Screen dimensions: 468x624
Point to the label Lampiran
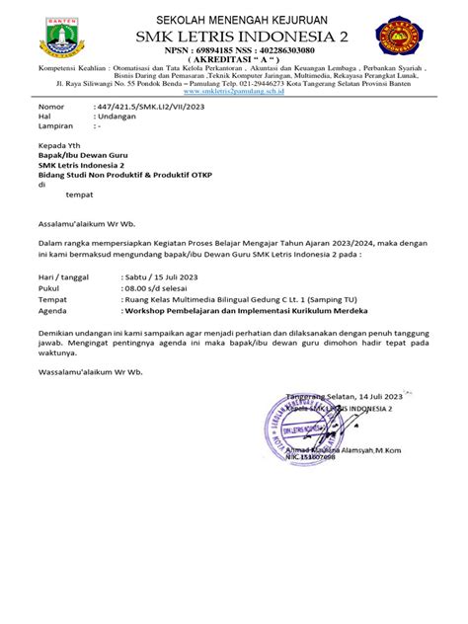55,127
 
